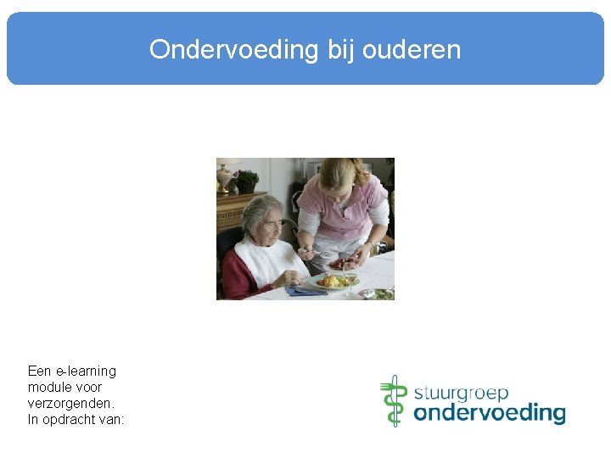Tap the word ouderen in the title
pyautogui.click(x=412, y=50)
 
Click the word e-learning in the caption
pyautogui.click(x=85, y=371)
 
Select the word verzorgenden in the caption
pyautogui.click(x=70, y=403)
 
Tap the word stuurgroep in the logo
pyautogui.click(x=461, y=393)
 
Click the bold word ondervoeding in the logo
pyautogui.click(x=489, y=413)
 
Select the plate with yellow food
pyautogui.click(x=334, y=282)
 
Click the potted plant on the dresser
pyautogui.click(x=247, y=181)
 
